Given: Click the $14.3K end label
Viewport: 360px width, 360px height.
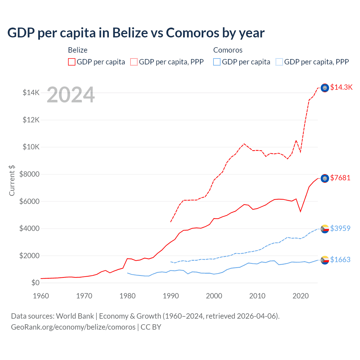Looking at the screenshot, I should tap(341, 87).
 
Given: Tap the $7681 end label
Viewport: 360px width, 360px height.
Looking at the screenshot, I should tap(340, 178).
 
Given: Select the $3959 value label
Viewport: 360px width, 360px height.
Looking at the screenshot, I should tap(340, 228).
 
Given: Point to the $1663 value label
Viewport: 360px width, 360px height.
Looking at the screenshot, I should tap(340, 260).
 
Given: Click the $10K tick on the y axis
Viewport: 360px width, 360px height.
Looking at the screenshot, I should tap(31, 147).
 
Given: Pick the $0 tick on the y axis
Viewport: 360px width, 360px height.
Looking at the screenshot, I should tap(35, 283).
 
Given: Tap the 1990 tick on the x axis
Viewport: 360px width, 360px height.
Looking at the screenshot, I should tap(171, 296).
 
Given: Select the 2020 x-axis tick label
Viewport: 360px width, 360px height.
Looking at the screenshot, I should tap(300, 296).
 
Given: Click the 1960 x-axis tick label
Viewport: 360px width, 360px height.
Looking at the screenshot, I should tap(41, 296).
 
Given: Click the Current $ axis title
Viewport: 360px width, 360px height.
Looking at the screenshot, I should tap(12, 181).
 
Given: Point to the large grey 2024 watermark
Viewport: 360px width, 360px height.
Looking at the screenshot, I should tap(71, 95).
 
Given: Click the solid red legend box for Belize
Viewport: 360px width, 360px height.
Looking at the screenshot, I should tap(72, 62).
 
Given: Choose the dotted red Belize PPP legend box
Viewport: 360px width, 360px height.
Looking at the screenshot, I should tap(134, 62).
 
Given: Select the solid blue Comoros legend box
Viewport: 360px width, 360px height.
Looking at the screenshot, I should tap(217, 62).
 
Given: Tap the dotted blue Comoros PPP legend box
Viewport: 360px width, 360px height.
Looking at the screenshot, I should tap(279, 62).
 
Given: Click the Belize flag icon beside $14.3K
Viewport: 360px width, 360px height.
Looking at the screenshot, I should tap(325, 88).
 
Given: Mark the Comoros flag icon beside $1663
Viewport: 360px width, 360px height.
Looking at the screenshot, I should tap(325, 260).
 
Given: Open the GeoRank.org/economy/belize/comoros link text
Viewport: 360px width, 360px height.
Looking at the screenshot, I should tap(73, 327).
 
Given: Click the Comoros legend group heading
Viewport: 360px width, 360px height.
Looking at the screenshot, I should tap(228, 50).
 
